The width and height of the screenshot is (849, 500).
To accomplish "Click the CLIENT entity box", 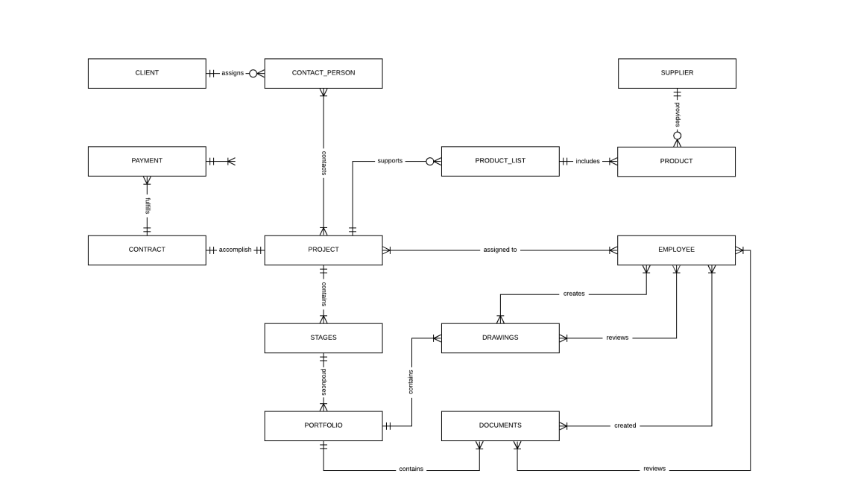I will [147, 73].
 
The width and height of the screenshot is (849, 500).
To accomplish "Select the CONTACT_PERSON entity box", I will [323, 73].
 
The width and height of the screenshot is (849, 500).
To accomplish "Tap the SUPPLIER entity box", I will [677, 73].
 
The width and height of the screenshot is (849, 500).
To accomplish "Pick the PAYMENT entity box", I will [147, 161].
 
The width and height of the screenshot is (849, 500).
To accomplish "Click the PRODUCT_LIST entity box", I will [500, 161].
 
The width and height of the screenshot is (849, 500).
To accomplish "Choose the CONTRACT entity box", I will [147, 250].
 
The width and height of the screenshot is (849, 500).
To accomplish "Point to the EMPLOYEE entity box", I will [677, 250].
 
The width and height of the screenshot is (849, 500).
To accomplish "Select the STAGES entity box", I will [323, 338].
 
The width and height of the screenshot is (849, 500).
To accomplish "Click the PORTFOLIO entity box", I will [323, 425].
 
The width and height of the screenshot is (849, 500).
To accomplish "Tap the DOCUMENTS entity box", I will [500, 425].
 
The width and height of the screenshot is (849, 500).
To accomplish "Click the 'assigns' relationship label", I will [233, 73].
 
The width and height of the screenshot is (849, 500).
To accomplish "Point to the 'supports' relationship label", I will [390, 161].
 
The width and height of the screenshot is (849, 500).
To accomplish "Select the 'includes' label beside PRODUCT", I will [587, 161].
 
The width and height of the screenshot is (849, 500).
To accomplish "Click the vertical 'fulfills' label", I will [148, 206].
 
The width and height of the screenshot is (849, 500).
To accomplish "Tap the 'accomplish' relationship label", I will [235, 250].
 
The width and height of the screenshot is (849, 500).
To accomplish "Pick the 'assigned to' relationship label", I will [499, 250].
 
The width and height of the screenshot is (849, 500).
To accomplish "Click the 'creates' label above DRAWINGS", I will [573, 294].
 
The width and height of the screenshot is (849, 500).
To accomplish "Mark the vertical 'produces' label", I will [323, 382].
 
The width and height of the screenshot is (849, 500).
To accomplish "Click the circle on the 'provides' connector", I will [678, 136].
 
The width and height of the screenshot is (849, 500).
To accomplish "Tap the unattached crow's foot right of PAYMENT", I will [230, 161].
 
